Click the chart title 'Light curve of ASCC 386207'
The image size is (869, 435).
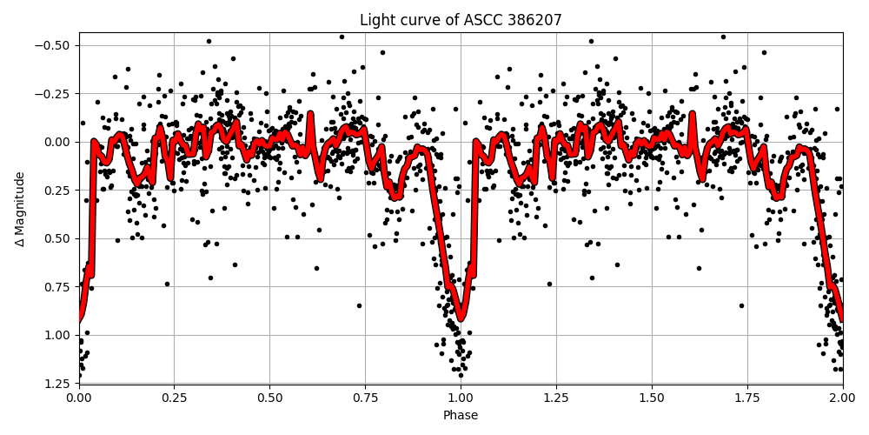tap(461, 20)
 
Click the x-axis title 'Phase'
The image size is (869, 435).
tap(461, 416)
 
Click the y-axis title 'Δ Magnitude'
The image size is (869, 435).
tap(20, 209)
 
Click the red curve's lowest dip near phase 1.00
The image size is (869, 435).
tap(461, 318)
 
